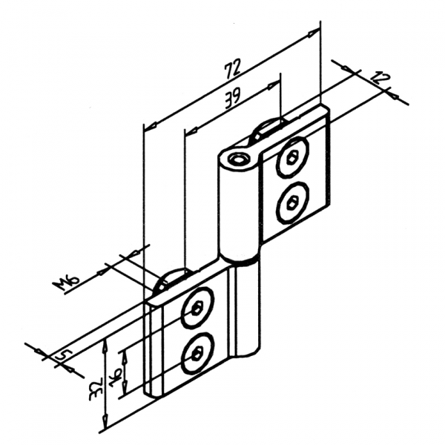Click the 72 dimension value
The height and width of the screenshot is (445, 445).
pyautogui.click(x=233, y=69)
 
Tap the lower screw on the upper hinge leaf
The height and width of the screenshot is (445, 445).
pyautogui.click(x=289, y=201)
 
